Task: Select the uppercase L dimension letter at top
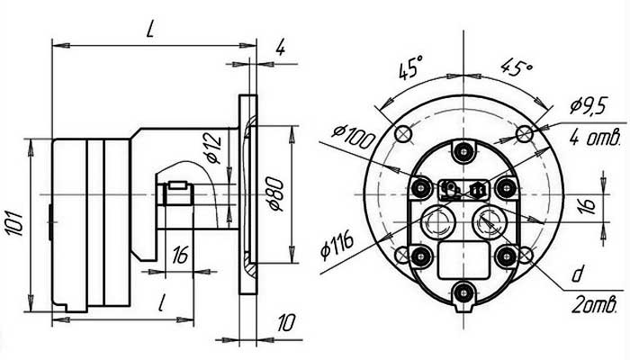[x=152, y=29]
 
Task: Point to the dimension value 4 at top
[x=280, y=48]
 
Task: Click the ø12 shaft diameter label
[x=212, y=147]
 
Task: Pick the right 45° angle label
[x=516, y=67]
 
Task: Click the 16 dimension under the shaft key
[x=179, y=256]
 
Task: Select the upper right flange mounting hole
[x=525, y=134]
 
